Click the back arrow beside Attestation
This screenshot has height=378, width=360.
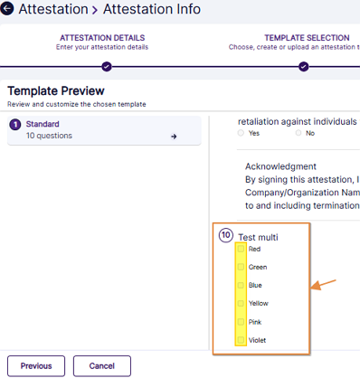[7, 8]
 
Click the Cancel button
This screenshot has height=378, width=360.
[102, 366]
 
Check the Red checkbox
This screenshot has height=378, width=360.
[241, 249]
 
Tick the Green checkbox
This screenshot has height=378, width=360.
[241, 267]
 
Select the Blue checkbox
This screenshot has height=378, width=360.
[241, 285]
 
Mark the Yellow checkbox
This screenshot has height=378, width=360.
[241, 303]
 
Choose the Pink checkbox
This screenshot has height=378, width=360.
[241, 322]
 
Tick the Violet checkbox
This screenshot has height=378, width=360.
[241, 340]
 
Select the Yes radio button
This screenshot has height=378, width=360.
[241, 133]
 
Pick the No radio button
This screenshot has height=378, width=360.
[298, 133]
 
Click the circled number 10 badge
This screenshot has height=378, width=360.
[226, 235]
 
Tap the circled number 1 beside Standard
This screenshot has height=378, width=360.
[15, 125]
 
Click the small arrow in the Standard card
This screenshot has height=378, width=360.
[174, 137]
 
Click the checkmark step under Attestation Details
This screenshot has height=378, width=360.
[107, 67]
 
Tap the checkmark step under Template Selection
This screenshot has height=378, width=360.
[304, 67]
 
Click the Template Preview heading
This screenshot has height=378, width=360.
[56, 90]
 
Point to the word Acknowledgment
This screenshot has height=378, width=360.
[280, 166]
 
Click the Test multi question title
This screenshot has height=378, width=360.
[258, 237]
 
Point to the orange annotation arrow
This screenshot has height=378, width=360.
[323, 285]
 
